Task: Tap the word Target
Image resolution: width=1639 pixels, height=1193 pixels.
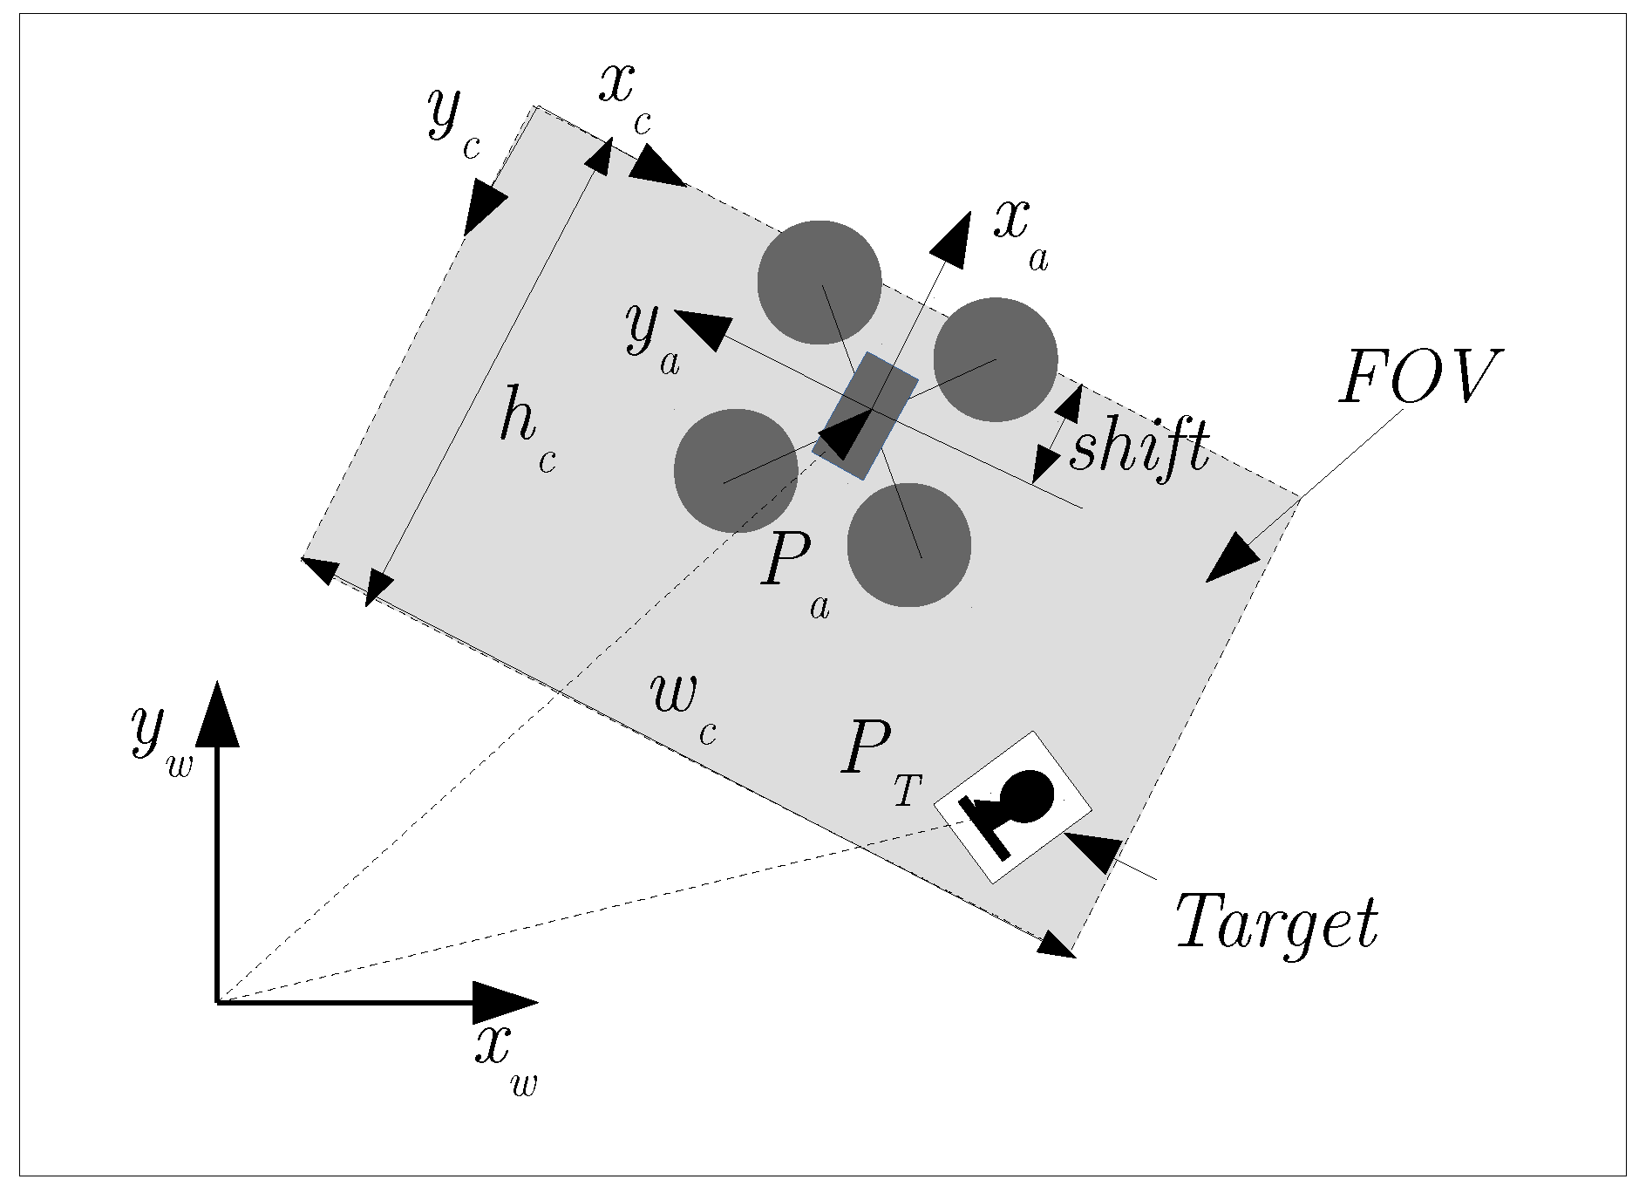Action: coord(1276,923)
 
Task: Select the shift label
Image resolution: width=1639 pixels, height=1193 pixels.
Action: coord(1139,447)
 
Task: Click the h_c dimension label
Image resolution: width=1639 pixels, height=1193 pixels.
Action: coord(527,429)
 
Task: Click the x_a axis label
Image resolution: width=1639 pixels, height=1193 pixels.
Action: coord(1021,233)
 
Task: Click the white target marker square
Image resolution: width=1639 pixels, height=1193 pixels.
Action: coord(1012,807)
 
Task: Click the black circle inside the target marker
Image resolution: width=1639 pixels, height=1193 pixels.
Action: coord(1029,796)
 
